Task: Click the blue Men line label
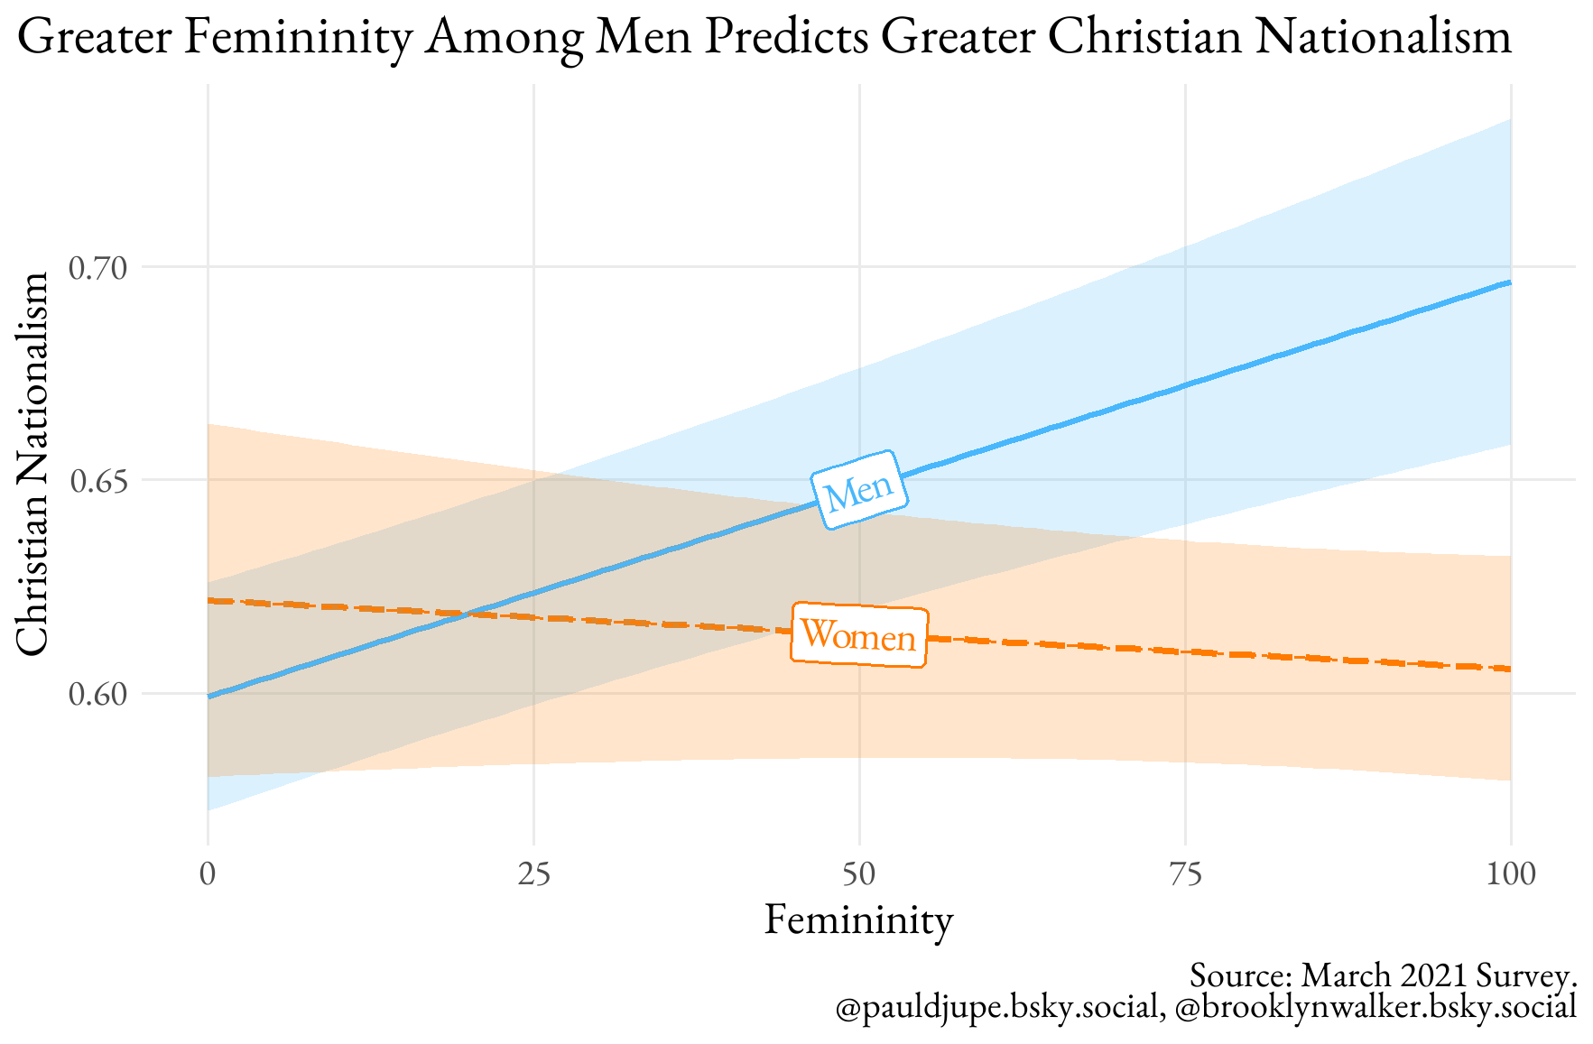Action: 858,489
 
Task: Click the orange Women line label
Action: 858,636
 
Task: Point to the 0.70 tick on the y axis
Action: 99,268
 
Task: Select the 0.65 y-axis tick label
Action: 99,481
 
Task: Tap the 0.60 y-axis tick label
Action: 99,694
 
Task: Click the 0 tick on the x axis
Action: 208,874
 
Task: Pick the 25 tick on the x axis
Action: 534,874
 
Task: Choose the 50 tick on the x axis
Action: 859,874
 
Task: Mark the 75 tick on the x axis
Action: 1185,874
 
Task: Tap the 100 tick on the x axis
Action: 1510,874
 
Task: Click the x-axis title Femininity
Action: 858,921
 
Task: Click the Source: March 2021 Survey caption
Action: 1383,975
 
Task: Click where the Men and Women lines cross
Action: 466,614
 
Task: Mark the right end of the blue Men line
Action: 1510,282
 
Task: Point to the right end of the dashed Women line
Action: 1510,669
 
